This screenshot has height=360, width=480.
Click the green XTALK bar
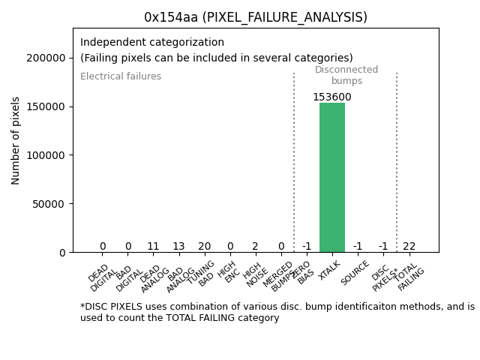(332, 177)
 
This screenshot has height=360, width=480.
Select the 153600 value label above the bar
(332, 97)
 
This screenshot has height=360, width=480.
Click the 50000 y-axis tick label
(49, 203)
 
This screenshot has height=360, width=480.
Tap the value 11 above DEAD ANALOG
(153, 246)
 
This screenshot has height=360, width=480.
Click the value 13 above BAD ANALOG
(178, 246)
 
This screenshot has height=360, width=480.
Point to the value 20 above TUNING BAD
(204, 246)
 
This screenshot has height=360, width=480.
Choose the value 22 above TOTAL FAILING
(409, 246)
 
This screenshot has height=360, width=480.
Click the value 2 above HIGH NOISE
(255, 246)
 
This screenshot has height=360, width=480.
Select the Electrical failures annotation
(121, 76)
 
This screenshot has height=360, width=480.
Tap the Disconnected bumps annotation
(346, 75)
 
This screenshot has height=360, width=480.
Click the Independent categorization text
(152, 43)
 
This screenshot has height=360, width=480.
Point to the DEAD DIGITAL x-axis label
(102, 277)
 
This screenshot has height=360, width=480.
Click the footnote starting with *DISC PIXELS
(277, 312)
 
